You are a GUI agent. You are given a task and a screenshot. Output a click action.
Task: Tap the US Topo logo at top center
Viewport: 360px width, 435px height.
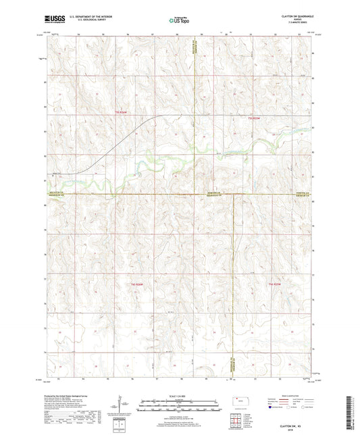[180, 21]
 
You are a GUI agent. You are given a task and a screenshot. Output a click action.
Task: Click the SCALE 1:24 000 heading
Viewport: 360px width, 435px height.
[180, 395]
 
